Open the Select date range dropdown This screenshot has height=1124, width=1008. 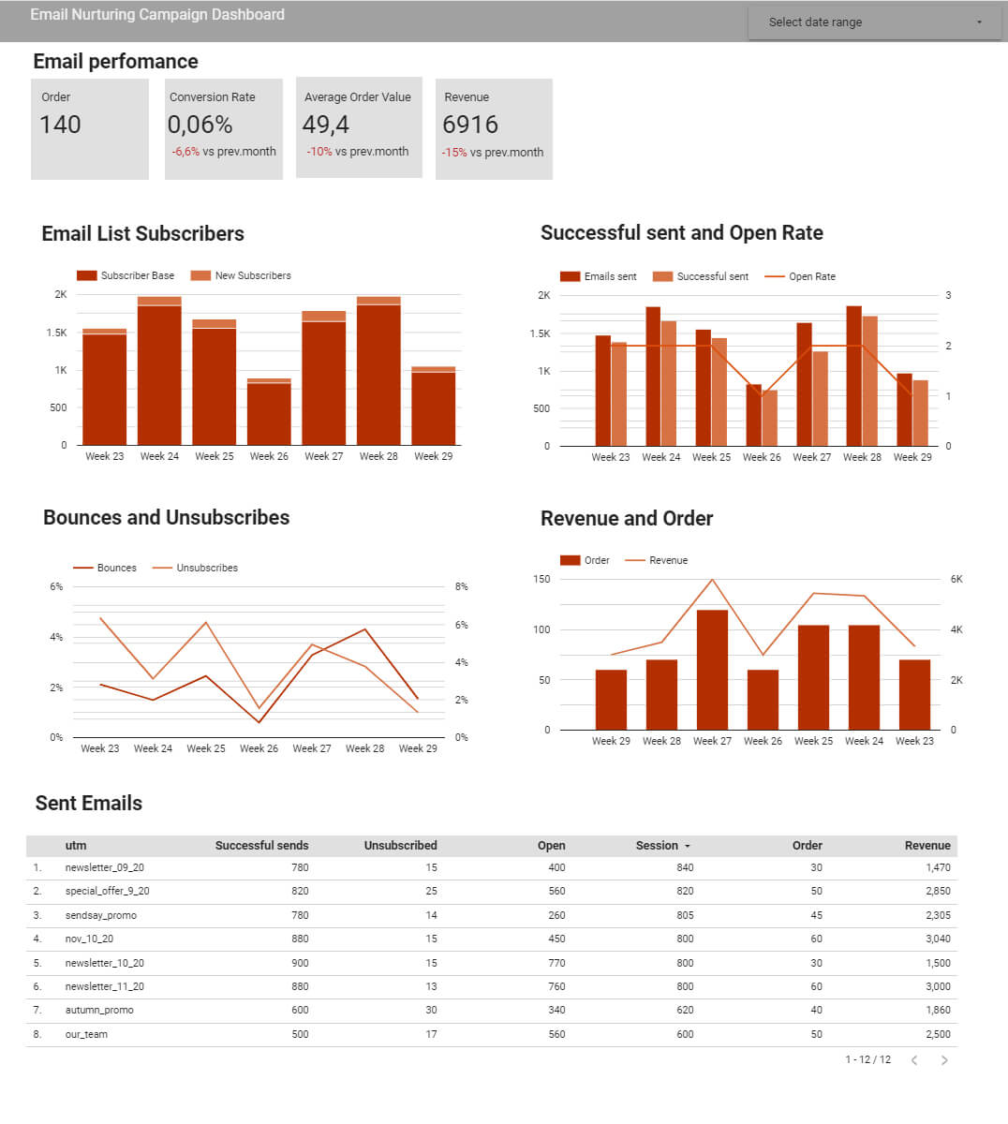[x=876, y=22]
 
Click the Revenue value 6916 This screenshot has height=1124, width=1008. [x=470, y=125]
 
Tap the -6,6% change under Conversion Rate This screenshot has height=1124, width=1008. [x=185, y=152]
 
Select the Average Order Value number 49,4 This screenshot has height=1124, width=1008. [x=325, y=125]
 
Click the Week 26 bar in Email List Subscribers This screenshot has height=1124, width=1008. [x=269, y=414]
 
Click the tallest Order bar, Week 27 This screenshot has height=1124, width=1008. [x=712, y=670]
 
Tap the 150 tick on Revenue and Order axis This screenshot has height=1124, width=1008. [x=542, y=579]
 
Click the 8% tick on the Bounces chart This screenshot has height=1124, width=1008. [x=461, y=586]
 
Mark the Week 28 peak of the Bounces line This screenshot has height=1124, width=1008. [x=364, y=629]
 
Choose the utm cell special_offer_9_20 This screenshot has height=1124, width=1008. [x=107, y=891]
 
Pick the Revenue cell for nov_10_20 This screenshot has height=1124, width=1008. [x=937, y=939]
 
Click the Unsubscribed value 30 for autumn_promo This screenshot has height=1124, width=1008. [x=431, y=1010]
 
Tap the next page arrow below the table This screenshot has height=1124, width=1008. [x=944, y=1060]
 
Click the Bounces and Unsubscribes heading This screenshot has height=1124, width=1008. [x=166, y=517]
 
